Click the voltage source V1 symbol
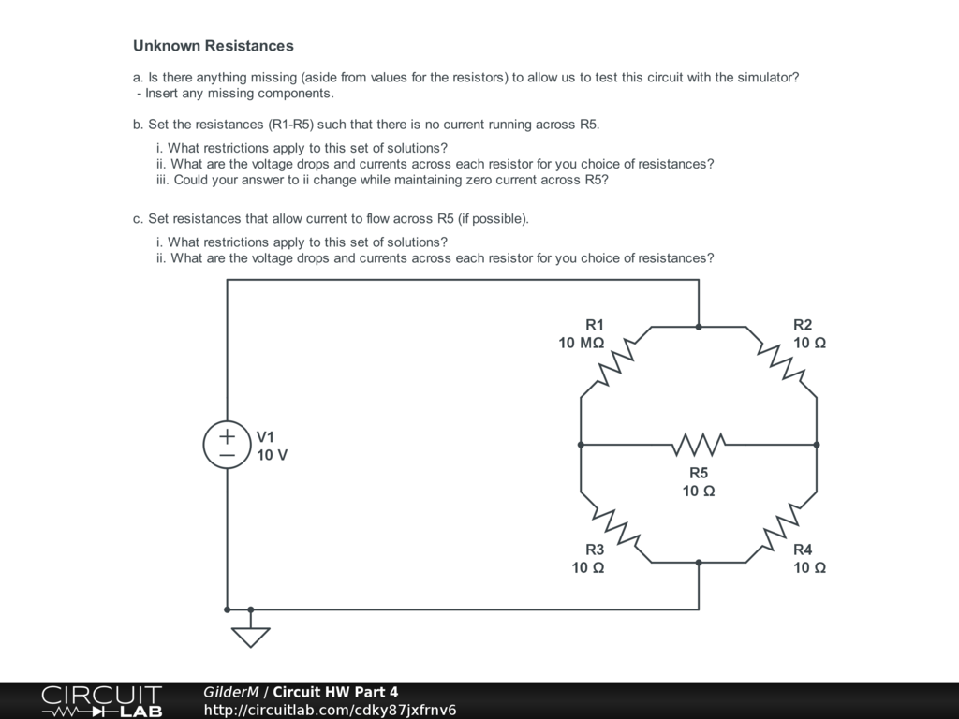pyautogui.click(x=228, y=445)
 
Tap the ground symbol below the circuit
pyautogui.click(x=250, y=635)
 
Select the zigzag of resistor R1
pyautogui.click(x=616, y=362)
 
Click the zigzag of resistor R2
pyautogui.click(x=781, y=362)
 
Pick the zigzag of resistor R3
pyautogui.click(x=616, y=527)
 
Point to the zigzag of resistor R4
pyautogui.click(x=781, y=527)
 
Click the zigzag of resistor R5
pyautogui.click(x=699, y=445)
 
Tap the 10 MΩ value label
pyautogui.click(x=581, y=343)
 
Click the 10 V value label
pyautogui.click(x=272, y=455)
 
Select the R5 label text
pyautogui.click(x=699, y=473)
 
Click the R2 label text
pyautogui.click(x=803, y=325)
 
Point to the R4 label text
pyautogui.click(x=803, y=550)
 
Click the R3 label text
pyautogui.click(x=595, y=550)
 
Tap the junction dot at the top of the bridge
pyautogui.click(x=699, y=327)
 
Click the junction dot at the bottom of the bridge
pyautogui.click(x=699, y=563)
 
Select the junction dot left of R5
pyautogui.click(x=581, y=445)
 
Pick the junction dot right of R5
pyautogui.click(x=817, y=445)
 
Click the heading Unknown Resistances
pyautogui.click(x=213, y=46)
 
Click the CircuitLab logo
pyautogui.click(x=101, y=701)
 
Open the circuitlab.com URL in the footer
pyautogui.click(x=330, y=710)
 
